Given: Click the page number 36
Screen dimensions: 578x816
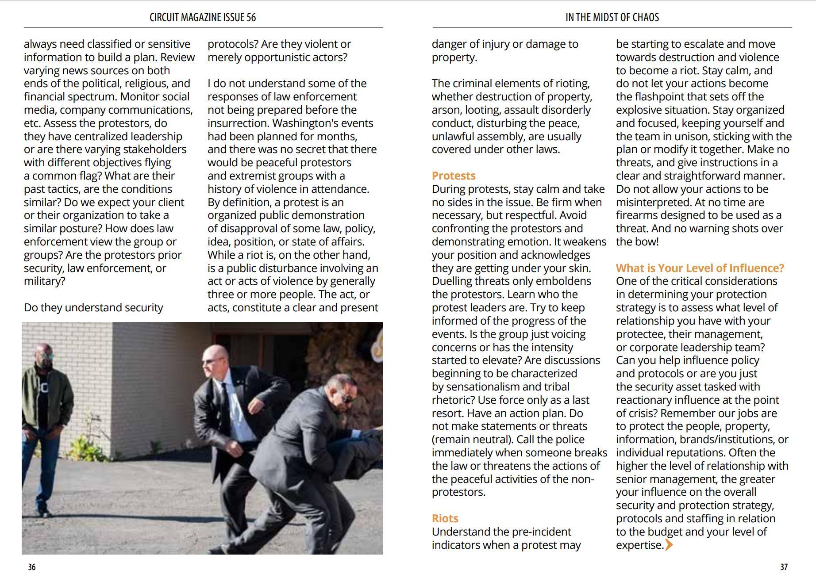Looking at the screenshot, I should click(32, 567).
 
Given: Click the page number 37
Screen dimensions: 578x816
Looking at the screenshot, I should click(784, 567).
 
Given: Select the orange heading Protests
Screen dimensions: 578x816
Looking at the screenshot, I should click(453, 176).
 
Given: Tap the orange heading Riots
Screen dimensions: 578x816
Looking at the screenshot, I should click(445, 518).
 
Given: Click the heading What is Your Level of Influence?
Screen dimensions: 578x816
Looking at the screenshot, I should click(700, 268).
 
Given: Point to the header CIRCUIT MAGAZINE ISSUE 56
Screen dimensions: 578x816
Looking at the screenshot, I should click(203, 17).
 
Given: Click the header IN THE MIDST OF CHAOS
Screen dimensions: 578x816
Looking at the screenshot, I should click(612, 17).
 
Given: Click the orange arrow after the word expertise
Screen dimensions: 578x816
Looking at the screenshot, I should click(669, 545).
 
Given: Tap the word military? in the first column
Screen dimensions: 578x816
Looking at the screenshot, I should click(44, 281).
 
